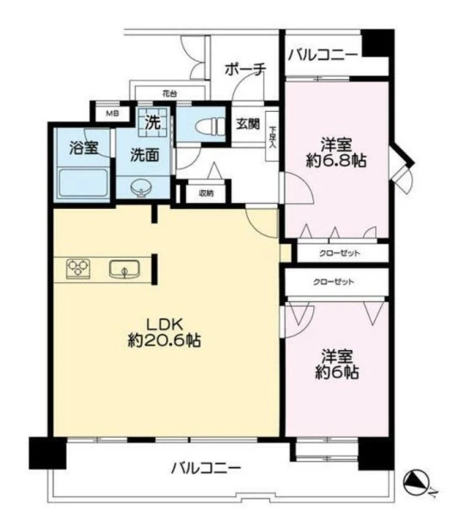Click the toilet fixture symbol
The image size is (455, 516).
[x=209, y=126]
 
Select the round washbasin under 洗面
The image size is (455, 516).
[x=142, y=189]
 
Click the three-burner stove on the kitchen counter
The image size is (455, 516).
[x=78, y=269]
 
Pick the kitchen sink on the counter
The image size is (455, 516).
[x=125, y=269]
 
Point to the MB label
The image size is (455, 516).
[x=113, y=114]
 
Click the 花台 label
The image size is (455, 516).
[x=169, y=94]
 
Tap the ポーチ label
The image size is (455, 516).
[x=245, y=69]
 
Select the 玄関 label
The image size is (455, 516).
[x=248, y=124]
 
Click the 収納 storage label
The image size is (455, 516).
[x=206, y=193]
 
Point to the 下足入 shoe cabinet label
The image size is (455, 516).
[x=273, y=138]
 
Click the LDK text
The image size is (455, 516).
[x=164, y=325]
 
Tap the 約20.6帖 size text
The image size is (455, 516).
[x=164, y=341]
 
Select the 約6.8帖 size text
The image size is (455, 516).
[x=336, y=161]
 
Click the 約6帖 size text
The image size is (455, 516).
[x=337, y=372]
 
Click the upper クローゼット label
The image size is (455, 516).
[x=340, y=253]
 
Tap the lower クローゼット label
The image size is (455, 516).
[x=334, y=282]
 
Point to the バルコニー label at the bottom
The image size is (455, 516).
[x=206, y=468]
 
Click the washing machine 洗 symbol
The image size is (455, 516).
[x=153, y=122]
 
